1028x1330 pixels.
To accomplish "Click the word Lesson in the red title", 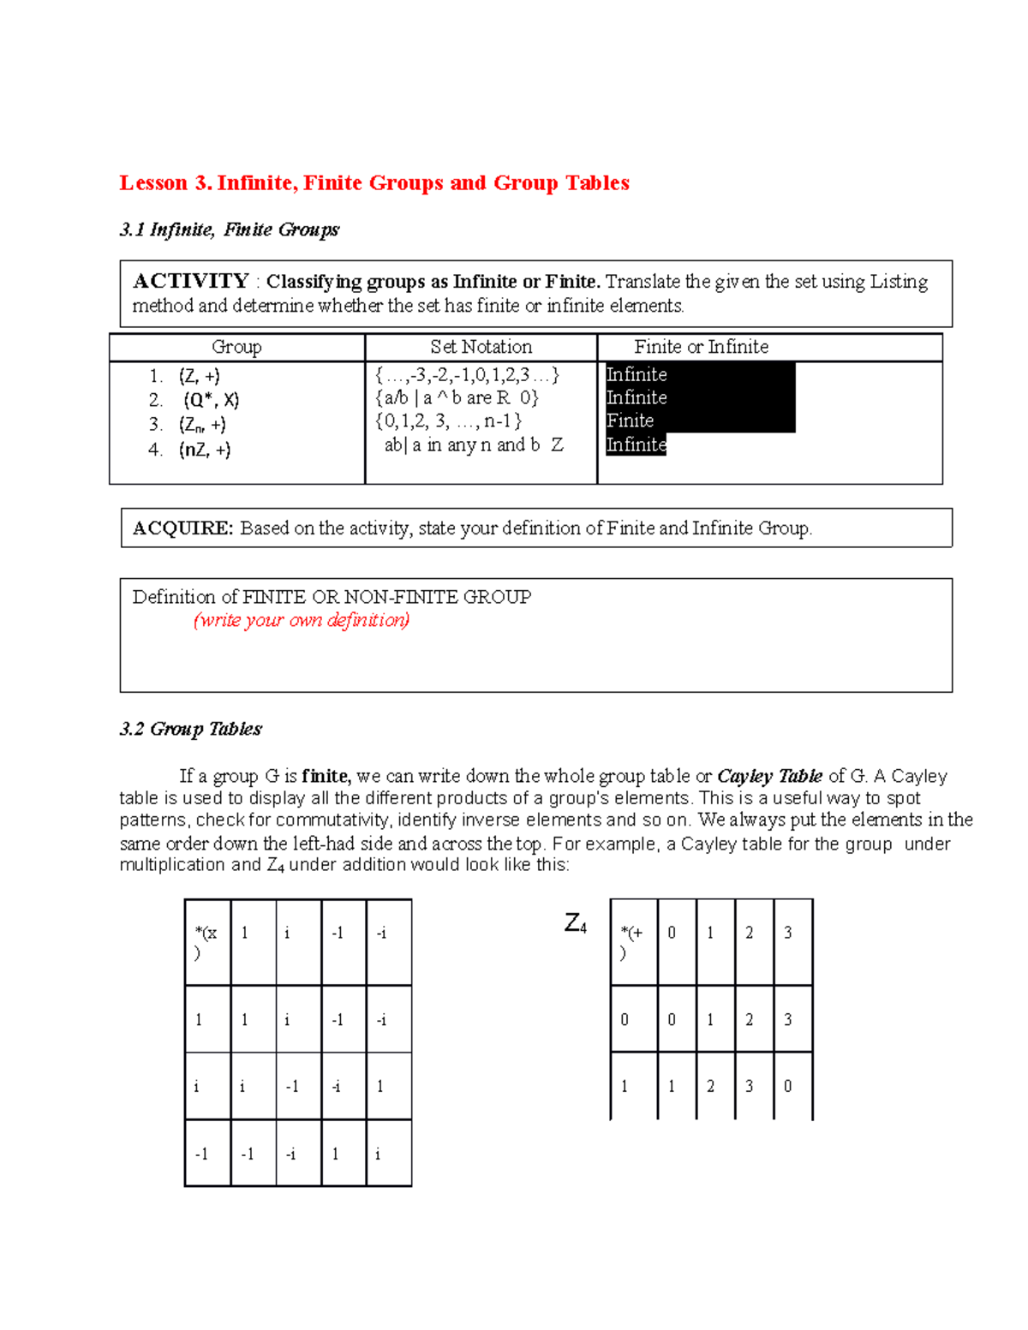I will (153, 183).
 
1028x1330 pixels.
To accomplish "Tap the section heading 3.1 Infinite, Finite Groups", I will (229, 230).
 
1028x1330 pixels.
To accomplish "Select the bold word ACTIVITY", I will (190, 281).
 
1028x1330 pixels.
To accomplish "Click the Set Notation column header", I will (481, 347).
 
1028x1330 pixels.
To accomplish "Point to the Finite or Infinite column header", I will (701, 347).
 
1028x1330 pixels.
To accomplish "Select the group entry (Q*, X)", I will (211, 400).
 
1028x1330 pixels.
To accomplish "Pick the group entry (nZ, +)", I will (205, 450).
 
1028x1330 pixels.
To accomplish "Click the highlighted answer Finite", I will (630, 420).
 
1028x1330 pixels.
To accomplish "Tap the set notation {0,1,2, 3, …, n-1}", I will (448, 420).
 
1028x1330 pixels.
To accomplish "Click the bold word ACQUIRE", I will (182, 528).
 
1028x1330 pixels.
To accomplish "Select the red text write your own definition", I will (302, 620).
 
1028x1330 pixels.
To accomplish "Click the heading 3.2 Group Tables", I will (190, 729).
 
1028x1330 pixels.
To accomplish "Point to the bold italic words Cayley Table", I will (769, 776).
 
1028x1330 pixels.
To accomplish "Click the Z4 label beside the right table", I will (575, 923).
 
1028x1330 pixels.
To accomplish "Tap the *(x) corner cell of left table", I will (206, 941).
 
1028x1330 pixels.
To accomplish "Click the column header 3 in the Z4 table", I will (788, 933).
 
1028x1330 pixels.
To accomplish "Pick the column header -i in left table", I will (382, 933).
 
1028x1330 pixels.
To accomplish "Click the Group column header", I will (236, 347).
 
